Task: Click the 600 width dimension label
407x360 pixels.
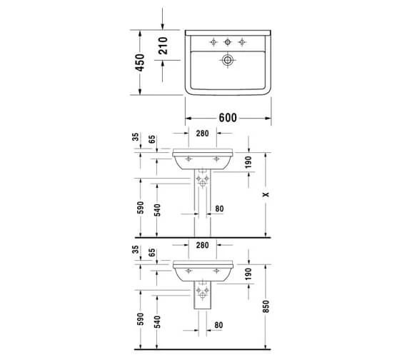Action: pyautogui.click(x=228, y=118)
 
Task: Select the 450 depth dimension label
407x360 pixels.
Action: pyautogui.click(x=140, y=63)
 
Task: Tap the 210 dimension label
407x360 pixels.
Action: pyautogui.click(x=163, y=46)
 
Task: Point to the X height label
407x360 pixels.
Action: pyautogui.click(x=266, y=194)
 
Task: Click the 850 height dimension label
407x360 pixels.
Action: pyautogui.click(x=266, y=306)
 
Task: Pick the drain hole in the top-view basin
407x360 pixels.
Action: pyautogui.click(x=227, y=60)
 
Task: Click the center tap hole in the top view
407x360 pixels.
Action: pyautogui.click(x=228, y=41)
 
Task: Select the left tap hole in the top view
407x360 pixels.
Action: pyautogui.click(x=213, y=41)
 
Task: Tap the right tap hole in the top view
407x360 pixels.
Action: pyautogui.click(x=242, y=41)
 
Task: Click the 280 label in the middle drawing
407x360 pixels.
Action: pyautogui.click(x=203, y=134)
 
